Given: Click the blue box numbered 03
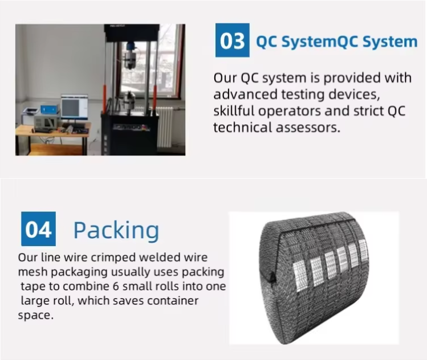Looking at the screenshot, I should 232,40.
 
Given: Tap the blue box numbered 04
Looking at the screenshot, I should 38,229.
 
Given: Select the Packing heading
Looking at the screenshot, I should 116,230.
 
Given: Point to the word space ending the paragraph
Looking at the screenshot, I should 36,315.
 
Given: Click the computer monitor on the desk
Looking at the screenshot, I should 74,107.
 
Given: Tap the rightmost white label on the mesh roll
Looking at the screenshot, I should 364,249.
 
